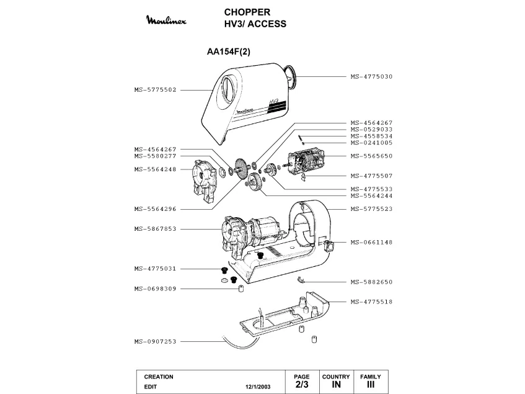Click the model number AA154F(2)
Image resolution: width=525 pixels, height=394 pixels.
(232, 52)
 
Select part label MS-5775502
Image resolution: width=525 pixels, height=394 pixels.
(156, 89)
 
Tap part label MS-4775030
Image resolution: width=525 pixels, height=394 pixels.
(371, 76)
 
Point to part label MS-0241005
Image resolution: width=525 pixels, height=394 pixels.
(371, 142)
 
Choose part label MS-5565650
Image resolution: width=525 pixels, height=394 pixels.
(371, 156)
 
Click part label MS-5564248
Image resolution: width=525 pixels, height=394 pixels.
(156, 169)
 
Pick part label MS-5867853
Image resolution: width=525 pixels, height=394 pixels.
(156, 229)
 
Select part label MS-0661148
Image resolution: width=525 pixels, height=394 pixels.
(371, 242)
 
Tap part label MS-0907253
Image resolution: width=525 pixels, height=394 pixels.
(156, 341)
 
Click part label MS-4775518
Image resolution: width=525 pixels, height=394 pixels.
(371, 302)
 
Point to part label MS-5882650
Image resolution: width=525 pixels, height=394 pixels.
(371, 282)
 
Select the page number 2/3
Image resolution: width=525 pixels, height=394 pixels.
(301, 385)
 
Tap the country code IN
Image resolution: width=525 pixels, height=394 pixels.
(336, 385)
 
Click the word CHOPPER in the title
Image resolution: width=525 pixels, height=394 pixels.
(247, 12)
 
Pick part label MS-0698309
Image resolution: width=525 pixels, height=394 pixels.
(156, 289)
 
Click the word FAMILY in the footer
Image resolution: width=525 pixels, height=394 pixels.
(371, 377)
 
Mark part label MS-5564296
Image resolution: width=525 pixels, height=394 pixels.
(156, 208)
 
